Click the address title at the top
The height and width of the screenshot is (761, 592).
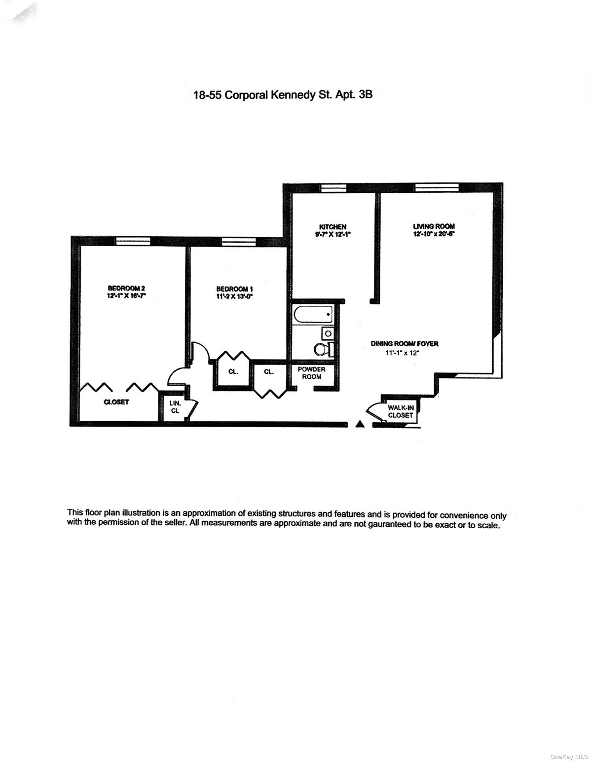point(283,95)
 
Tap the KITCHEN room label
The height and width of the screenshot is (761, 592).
point(333,227)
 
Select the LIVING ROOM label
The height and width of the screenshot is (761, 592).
point(434,226)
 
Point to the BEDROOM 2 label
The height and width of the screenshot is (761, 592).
point(126,289)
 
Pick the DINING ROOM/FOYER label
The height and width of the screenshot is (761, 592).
point(405,344)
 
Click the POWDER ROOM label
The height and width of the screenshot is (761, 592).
point(311,373)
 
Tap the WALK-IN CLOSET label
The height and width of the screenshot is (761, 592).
point(400,411)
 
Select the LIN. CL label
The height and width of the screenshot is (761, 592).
point(175,406)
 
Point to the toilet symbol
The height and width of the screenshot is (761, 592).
point(322,350)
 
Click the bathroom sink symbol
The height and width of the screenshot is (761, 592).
point(328,333)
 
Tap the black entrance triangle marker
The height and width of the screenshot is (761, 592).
point(361,423)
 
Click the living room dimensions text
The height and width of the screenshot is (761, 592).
point(434,235)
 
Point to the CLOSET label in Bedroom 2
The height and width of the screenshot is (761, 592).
point(116,402)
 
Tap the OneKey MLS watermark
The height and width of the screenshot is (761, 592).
point(570,753)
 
